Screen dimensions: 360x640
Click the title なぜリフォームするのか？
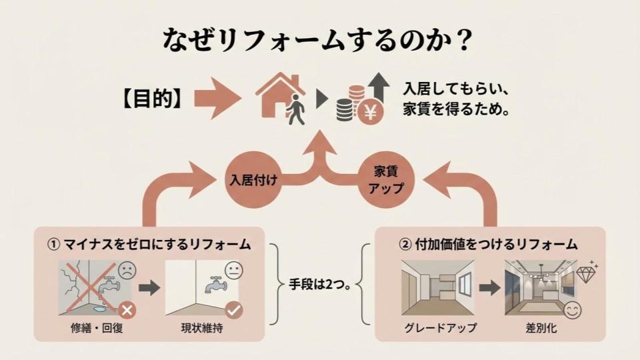coord(319,39)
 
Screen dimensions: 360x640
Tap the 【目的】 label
coord(151,98)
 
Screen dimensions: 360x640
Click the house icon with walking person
coord(281,98)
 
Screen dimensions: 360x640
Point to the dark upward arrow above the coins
coord(380,85)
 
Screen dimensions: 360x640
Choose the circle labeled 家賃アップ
coord(385,180)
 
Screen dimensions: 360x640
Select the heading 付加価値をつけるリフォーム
coord(488,245)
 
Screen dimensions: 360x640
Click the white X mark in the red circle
coord(127,309)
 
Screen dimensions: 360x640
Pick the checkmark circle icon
coord(234,309)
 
